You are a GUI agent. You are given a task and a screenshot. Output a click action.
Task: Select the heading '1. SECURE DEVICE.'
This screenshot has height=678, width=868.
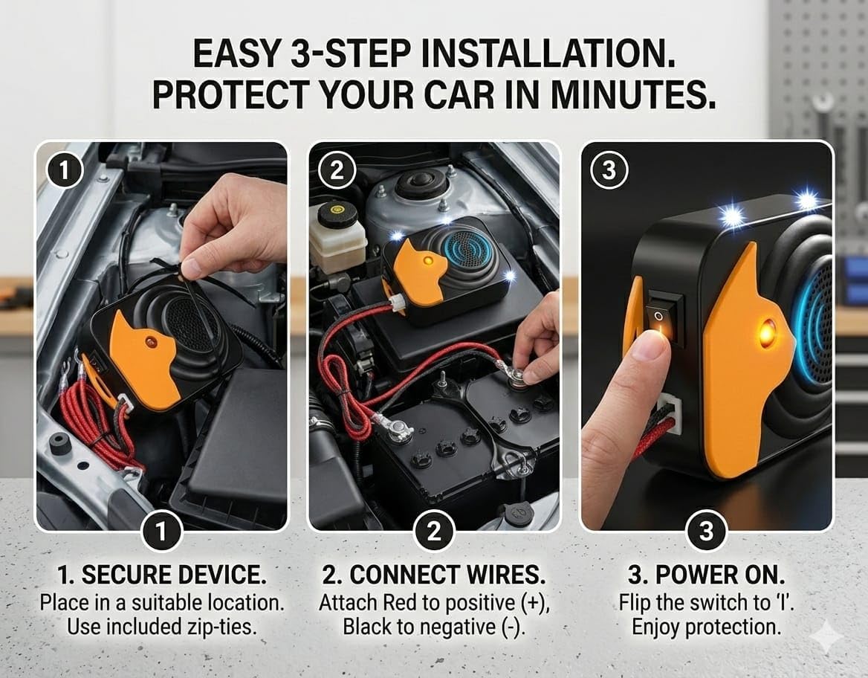click(162, 575)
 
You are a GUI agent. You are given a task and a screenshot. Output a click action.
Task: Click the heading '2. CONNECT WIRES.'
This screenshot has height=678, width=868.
click(434, 575)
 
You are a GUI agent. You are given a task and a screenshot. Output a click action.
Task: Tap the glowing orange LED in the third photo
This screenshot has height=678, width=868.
click(766, 332)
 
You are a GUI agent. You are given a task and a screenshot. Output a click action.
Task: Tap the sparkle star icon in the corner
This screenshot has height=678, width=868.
click(826, 637)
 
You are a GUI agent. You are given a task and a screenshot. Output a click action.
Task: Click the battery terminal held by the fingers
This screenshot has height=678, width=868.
click(516, 371)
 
